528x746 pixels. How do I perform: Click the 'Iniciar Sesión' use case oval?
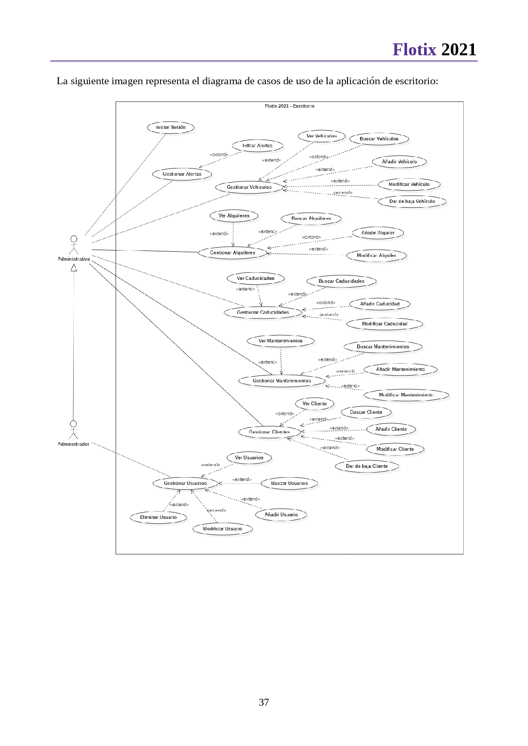click(x=170, y=127)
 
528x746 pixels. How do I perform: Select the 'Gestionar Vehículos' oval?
click(x=249, y=187)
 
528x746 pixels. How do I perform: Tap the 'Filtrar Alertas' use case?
click(x=257, y=145)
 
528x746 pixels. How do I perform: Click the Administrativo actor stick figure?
click(x=74, y=245)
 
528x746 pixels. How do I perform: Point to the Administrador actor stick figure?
click(x=74, y=430)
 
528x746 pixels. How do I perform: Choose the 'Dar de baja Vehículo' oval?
click(x=412, y=201)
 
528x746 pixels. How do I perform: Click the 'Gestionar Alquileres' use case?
click(x=232, y=253)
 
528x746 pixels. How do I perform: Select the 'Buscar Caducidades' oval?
click(x=341, y=281)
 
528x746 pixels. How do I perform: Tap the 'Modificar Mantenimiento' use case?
click(x=406, y=395)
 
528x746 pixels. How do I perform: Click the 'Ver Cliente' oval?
click(x=315, y=404)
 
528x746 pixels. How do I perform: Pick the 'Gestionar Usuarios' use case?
click(x=185, y=483)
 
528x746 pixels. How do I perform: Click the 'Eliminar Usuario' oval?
click(x=158, y=517)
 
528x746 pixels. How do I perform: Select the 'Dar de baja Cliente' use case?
click(x=367, y=466)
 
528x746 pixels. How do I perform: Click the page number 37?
click(x=264, y=702)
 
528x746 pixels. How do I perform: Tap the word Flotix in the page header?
click(x=414, y=50)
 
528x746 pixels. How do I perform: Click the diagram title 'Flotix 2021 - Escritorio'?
click(x=290, y=106)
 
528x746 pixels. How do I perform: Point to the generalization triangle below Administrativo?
click(x=74, y=267)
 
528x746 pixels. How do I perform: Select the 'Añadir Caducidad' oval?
click(x=379, y=304)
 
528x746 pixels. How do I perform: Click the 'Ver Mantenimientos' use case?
click(x=280, y=341)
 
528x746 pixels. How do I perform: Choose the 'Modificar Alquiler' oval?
click(x=376, y=256)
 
